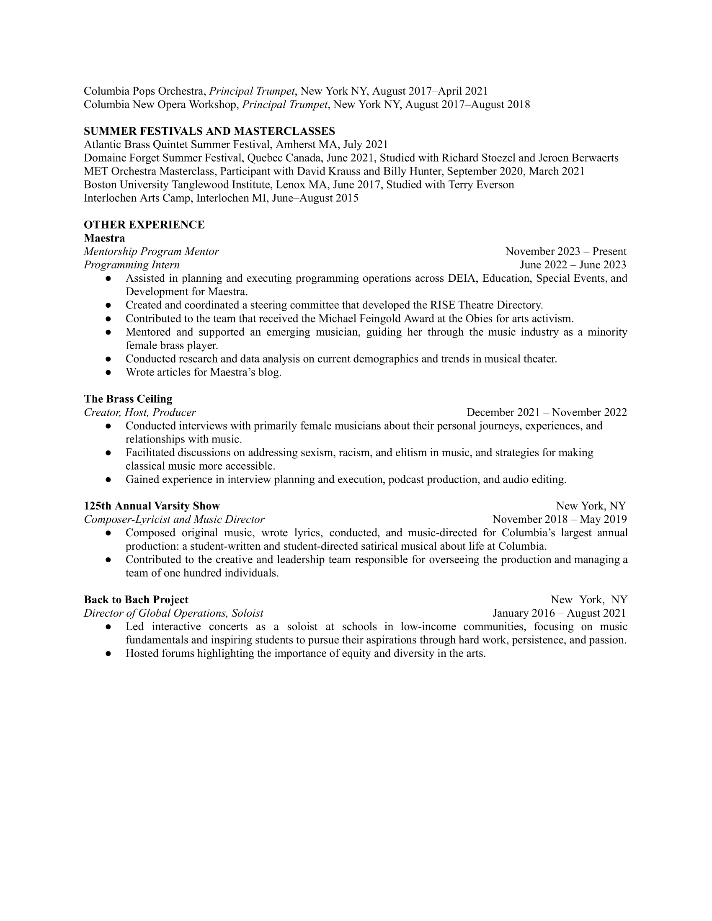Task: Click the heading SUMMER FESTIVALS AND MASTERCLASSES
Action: [x=209, y=131]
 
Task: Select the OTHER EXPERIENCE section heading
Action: [x=144, y=225]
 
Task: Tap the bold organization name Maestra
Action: [x=104, y=238]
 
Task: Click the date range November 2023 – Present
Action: [x=566, y=252]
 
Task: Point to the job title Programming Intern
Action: [x=132, y=265]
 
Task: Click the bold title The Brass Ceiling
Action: [x=128, y=399]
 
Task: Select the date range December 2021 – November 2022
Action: [x=546, y=412]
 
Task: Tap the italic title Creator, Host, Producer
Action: [x=139, y=412]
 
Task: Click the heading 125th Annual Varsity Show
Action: [x=152, y=506]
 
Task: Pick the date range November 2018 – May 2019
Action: [x=559, y=520]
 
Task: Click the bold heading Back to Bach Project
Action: [x=136, y=599]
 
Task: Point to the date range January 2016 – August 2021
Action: [x=559, y=613]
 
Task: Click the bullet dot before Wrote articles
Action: [x=108, y=372]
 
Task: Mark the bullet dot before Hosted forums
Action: [x=108, y=653]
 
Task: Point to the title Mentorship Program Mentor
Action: [x=151, y=252]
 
